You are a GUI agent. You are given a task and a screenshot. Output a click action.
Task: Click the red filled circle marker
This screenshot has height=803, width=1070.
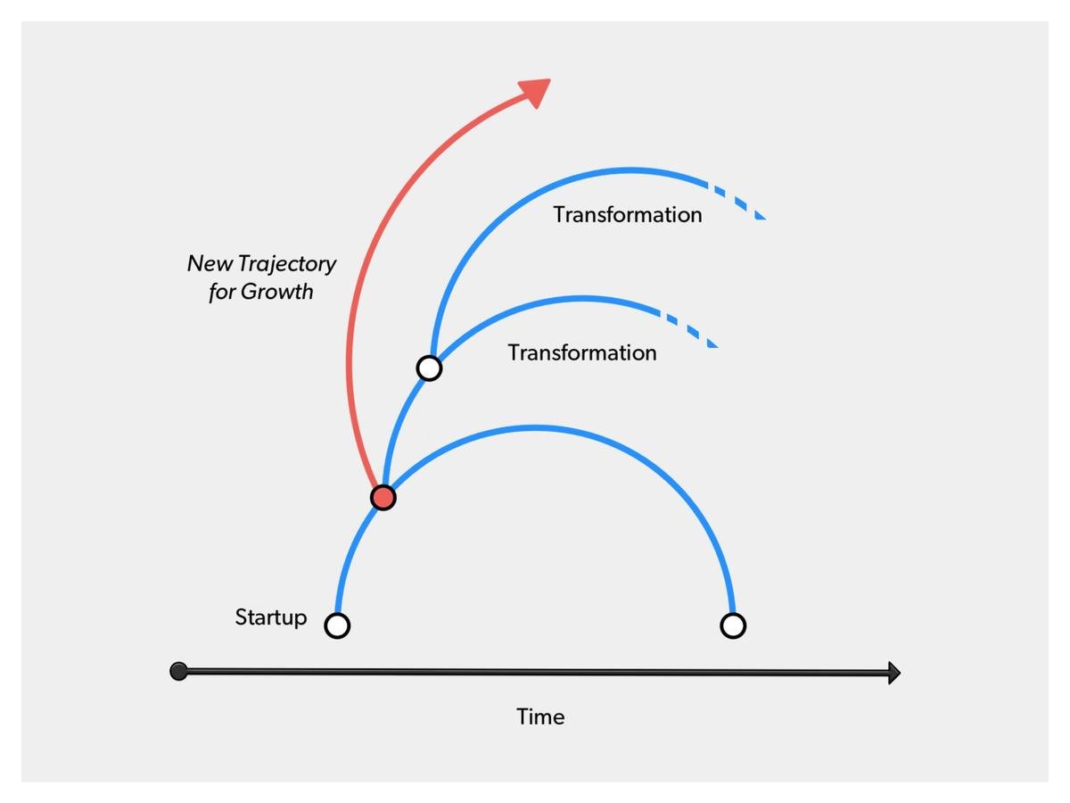383,498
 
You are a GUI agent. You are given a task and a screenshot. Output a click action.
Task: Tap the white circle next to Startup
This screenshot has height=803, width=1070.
337,625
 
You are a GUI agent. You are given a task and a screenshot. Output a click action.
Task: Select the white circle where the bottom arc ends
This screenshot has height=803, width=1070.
732,625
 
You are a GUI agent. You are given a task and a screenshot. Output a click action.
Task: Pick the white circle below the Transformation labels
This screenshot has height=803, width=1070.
429,368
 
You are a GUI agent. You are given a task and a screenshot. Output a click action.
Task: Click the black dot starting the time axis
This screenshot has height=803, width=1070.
178,671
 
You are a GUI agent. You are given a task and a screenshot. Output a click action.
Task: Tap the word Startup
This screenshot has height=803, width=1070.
271,617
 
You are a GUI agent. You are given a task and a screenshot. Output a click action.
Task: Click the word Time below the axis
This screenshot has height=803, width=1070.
540,716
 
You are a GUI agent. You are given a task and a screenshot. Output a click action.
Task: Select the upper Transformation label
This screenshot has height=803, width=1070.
628,215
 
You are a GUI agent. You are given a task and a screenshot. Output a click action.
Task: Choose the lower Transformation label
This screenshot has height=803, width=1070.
582,352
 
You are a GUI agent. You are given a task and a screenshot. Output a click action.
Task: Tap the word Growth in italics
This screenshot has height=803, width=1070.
277,292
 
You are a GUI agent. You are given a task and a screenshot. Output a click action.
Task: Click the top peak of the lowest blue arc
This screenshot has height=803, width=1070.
535,427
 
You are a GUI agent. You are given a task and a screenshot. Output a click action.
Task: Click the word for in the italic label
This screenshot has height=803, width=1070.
222,292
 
